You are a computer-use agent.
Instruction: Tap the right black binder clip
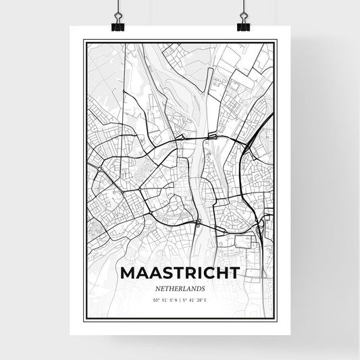click(x=243, y=24)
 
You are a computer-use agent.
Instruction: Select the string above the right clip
click(x=242, y=7)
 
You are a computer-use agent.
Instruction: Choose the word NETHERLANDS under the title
click(x=179, y=287)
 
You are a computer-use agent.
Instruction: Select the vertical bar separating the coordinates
click(x=180, y=299)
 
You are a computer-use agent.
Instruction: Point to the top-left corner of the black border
click(x=84, y=41)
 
